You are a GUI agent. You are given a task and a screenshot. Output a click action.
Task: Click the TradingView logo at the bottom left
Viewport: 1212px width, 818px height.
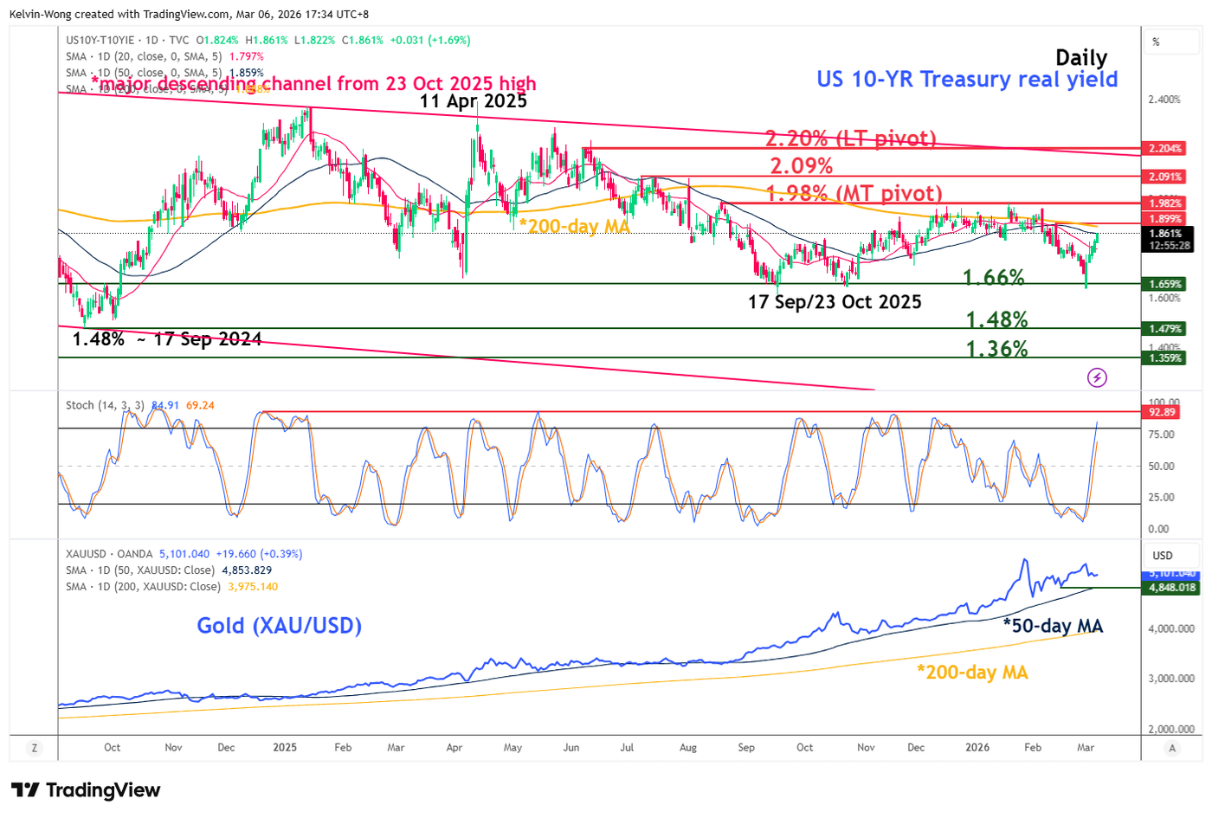click(x=85, y=790)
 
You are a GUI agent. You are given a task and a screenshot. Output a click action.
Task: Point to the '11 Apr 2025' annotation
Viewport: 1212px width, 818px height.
click(x=473, y=100)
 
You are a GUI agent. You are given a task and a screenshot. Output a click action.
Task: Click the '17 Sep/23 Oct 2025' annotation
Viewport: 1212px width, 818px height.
click(x=835, y=302)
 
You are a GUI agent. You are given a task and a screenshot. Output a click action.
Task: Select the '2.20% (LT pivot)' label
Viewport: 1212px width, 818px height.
click(x=850, y=138)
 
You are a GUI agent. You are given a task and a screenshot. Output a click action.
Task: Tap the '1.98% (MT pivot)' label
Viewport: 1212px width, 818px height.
click(x=854, y=193)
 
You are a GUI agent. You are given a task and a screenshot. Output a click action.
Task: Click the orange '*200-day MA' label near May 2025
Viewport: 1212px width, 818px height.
click(x=574, y=226)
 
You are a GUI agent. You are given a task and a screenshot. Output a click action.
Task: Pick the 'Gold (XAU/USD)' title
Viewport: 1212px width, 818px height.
click(x=279, y=625)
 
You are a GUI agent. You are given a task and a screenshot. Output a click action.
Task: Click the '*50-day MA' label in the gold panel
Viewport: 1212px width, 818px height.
click(x=1053, y=625)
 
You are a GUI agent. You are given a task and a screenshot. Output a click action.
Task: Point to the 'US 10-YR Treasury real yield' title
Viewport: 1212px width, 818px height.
click(x=967, y=80)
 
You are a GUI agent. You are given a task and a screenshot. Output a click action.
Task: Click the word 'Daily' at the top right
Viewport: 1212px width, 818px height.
click(x=1081, y=58)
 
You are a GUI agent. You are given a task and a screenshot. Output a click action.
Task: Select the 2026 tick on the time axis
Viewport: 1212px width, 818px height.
click(x=977, y=747)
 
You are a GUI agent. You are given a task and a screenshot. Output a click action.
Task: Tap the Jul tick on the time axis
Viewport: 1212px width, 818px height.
click(x=628, y=747)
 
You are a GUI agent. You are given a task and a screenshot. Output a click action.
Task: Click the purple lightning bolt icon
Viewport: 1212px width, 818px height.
click(x=1097, y=377)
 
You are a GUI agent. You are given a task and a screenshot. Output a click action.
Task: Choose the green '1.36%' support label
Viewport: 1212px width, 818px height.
click(x=996, y=349)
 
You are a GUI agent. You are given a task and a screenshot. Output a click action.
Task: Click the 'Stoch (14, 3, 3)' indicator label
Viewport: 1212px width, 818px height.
click(x=104, y=405)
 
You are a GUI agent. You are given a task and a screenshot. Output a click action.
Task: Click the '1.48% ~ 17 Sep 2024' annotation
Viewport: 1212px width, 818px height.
click(x=167, y=339)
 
